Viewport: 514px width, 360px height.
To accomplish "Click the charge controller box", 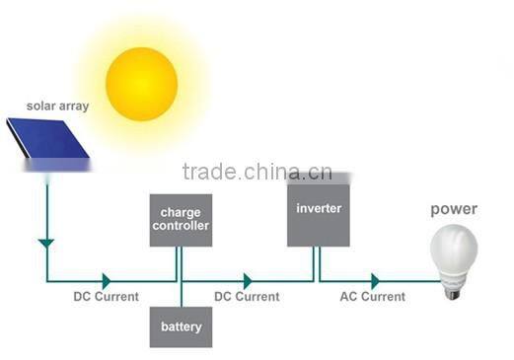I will (x=181, y=219).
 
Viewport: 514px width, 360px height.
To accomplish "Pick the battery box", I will (x=181, y=327).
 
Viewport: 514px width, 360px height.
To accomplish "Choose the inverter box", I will (x=320, y=209).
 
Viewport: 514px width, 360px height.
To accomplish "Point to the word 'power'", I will (x=454, y=208).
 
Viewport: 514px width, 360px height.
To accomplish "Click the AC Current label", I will (x=372, y=296).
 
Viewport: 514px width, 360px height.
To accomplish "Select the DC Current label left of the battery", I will (x=106, y=296).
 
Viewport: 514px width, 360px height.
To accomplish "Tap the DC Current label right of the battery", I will (x=247, y=296).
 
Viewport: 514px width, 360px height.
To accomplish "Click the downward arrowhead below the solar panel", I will (x=44, y=241).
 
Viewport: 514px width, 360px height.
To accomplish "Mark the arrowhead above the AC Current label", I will (x=375, y=281).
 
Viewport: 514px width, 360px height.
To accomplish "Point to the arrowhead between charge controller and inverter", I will (x=247, y=281).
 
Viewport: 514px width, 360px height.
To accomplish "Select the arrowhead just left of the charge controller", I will (x=106, y=281).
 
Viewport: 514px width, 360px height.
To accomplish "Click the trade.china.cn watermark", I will (x=257, y=174).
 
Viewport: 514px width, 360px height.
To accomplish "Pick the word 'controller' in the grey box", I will (x=182, y=226).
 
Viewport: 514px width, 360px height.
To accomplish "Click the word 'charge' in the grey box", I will (x=182, y=211).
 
